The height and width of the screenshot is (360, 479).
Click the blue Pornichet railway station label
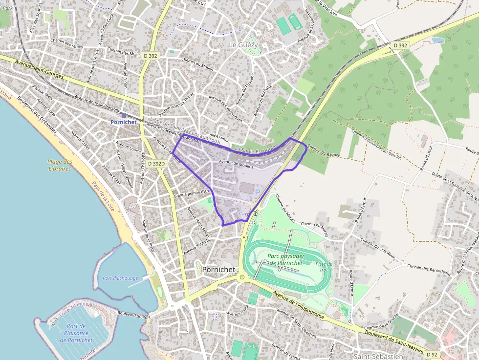pos(123,122)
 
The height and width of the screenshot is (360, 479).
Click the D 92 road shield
pos(432,354)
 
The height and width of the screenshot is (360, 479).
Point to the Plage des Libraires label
pos(60,165)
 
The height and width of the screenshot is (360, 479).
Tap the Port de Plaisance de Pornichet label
pos(76,333)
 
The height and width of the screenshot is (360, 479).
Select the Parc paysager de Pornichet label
pos(286,259)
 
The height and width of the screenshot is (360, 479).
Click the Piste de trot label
pos(323,267)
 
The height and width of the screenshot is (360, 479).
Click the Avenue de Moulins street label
pos(236,165)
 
